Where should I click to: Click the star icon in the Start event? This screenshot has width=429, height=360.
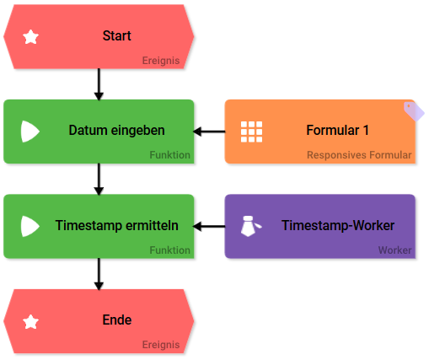30,37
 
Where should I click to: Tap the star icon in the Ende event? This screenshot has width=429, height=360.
30,322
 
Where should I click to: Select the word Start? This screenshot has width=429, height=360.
117,35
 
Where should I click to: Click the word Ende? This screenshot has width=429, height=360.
117,320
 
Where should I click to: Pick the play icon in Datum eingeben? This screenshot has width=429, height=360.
30,132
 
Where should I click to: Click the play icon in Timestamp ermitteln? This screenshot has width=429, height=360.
30,226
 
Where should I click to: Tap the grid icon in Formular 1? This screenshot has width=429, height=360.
251,132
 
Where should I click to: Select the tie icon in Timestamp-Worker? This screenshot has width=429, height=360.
251,226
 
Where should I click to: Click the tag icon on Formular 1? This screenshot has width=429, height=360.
414,111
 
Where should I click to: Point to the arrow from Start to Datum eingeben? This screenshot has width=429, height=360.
99,84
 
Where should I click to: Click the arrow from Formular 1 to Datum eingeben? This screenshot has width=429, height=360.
209,132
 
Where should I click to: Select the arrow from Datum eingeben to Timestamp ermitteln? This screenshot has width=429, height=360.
99,179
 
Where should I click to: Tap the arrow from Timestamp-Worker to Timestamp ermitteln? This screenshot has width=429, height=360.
209,226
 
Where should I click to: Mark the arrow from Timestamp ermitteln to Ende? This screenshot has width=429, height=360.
99,274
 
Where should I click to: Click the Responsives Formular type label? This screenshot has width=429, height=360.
359,155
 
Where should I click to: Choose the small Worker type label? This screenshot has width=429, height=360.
394,250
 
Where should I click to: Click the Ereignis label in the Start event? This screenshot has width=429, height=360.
161,61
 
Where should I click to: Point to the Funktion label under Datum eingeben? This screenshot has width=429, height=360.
169,155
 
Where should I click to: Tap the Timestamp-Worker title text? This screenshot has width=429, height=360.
338,225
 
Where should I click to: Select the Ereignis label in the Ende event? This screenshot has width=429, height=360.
161,345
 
